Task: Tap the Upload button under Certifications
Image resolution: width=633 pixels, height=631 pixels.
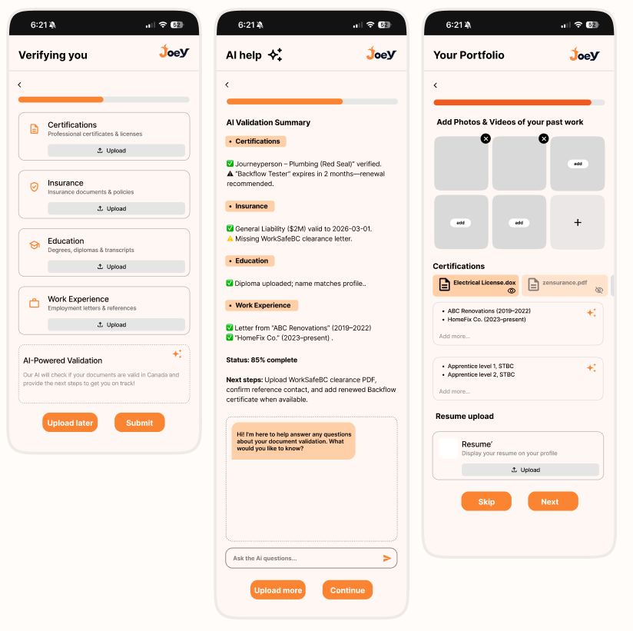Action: point(116,151)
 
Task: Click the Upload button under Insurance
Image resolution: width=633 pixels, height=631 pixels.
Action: point(116,208)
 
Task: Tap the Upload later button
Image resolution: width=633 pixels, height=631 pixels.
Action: point(70,423)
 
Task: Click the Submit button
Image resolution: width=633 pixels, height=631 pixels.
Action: point(139,423)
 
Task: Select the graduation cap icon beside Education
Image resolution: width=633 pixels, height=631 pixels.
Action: point(34,245)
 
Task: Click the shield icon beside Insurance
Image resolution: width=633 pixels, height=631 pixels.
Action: point(34,187)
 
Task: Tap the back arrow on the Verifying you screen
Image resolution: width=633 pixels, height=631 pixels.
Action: point(20,85)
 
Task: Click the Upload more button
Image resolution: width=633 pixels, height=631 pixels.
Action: point(277,590)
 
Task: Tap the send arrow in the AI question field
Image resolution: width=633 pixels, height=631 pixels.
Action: point(387,558)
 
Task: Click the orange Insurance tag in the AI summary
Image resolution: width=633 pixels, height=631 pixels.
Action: point(250,206)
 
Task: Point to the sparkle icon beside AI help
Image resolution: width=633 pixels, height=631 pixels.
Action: point(275,55)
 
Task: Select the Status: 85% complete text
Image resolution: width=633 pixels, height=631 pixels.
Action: point(261,360)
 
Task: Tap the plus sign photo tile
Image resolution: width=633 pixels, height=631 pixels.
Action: point(578,222)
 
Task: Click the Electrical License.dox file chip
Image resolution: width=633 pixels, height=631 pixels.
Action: point(476,285)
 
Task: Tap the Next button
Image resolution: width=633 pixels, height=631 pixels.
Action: point(552,502)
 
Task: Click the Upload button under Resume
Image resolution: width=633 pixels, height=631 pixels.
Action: point(530,470)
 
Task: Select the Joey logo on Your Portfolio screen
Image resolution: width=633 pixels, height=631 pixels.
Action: point(585,54)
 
